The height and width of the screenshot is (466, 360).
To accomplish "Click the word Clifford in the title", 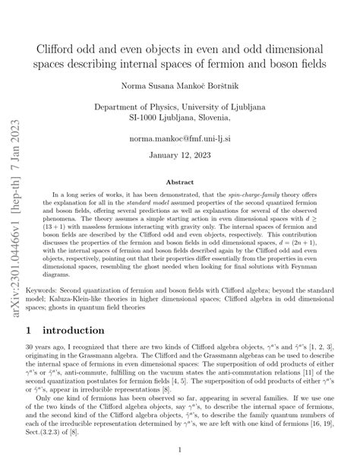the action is click(x=59, y=46).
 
